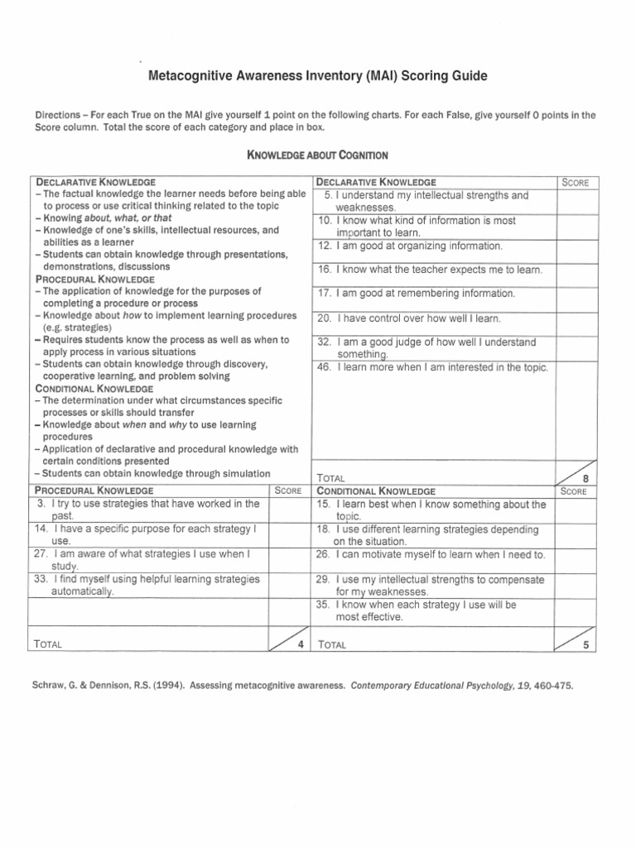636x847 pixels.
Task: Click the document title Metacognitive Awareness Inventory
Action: (x=317, y=76)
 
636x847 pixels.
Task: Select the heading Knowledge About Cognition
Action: (x=318, y=155)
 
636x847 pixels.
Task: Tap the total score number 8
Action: (x=585, y=478)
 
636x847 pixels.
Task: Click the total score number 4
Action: (x=300, y=644)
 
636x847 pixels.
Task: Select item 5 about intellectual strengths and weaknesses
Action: (x=426, y=201)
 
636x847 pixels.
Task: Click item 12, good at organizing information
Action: (x=409, y=246)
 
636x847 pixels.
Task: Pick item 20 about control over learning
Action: (x=409, y=318)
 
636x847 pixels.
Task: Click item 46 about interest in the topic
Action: (x=431, y=367)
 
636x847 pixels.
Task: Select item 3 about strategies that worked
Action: (x=147, y=509)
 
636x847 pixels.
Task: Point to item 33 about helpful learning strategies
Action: (x=147, y=586)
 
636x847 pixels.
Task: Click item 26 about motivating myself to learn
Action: (x=431, y=554)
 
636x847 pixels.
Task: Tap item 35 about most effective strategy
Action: (x=427, y=610)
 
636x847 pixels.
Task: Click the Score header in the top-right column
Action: (x=575, y=182)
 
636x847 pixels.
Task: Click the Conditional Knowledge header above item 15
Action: (x=376, y=490)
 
